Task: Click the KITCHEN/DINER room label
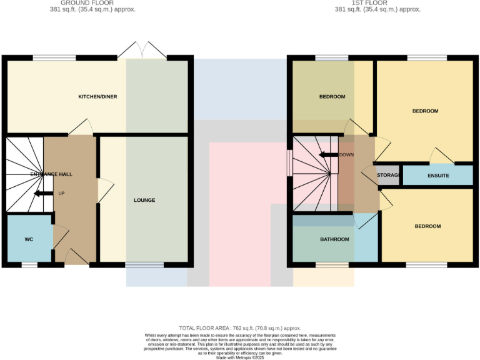click(x=97, y=97)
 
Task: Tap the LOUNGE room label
click(x=144, y=201)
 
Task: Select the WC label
click(x=29, y=239)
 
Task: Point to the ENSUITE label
click(x=438, y=176)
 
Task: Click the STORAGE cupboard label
click(x=389, y=176)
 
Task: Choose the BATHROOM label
click(x=335, y=239)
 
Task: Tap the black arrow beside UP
click(x=43, y=194)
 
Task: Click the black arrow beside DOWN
click(x=327, y=155)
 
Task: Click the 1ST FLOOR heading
click(x=377, y=3)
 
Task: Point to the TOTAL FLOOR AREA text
click(x=240, y=328)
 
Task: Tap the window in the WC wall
click(x=29, y=265)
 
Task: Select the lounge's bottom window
click(x=144, y=265)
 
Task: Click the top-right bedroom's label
click(x=425, y=111)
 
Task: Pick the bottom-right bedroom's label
click(x=427, y=226)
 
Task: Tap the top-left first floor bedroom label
click(x=332, y=97)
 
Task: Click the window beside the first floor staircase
click(x=289, y=164)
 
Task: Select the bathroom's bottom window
click(x=332, y=265)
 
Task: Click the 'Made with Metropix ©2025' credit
click(x=240, y=357)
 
